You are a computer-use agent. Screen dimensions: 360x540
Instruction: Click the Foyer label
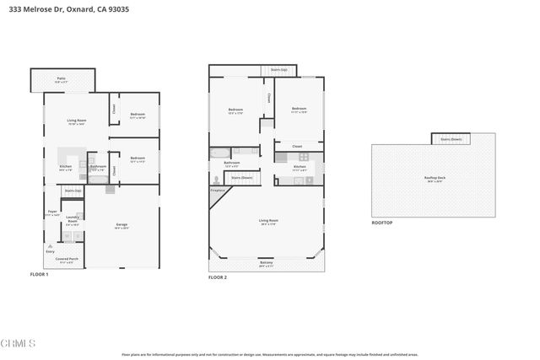click(51, 213)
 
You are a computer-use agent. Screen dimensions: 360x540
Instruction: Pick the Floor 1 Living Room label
click(76, 121)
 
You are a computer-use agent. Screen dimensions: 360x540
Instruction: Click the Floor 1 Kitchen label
click(65, 168)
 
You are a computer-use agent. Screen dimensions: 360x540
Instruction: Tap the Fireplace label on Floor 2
click(217, 191)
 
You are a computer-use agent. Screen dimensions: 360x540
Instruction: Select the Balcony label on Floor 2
click(267, 264)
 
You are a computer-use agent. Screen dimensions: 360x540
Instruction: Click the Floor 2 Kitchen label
click(299, 168)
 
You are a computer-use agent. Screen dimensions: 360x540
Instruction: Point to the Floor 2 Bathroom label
click(232, 164)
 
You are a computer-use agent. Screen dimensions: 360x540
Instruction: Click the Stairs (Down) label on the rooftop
click(451, 139)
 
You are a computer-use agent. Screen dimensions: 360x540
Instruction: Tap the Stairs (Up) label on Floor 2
click(278, 70)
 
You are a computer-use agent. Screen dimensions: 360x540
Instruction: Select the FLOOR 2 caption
click(218, 277)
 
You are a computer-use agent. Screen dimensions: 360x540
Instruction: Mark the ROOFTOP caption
click(382, 223)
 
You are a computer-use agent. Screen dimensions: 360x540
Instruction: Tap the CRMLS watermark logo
click(18, 344)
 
